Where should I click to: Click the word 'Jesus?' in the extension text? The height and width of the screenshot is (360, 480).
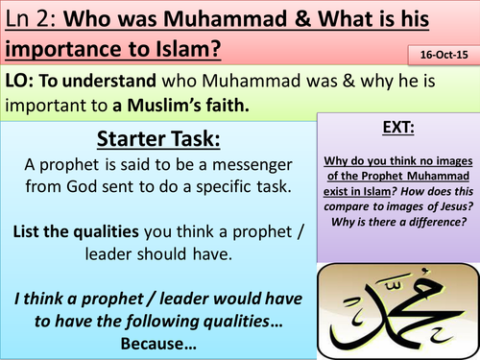click(x=444, y=204)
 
